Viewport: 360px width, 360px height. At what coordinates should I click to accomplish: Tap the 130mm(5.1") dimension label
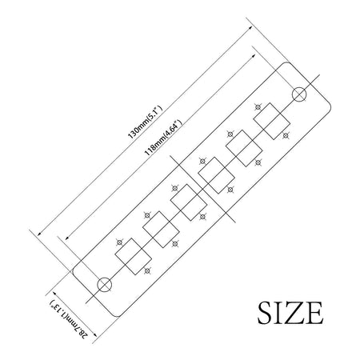(x=145, y=122)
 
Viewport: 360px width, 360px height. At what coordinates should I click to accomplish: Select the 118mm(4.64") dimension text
(x=163, y=138)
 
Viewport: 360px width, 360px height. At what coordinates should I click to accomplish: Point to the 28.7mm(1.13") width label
(x=69, y=319)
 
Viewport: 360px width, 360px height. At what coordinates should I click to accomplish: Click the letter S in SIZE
(x=266, y=313)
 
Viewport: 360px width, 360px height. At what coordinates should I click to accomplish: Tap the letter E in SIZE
(x=314, y=313)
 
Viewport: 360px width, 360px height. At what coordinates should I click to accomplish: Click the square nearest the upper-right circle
(x=271, y=122)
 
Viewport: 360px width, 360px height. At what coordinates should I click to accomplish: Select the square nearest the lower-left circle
(x=134, y=257)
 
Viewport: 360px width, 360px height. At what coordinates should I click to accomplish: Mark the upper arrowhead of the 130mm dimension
(x=250, y=28)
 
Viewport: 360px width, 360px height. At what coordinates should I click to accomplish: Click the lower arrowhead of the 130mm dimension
(x=39, y=234)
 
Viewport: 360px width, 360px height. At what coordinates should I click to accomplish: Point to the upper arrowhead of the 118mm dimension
(x=254, y=55)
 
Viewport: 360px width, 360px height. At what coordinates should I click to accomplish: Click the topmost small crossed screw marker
(x=258, y=107)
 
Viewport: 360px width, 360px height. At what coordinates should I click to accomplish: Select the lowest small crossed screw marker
(x=146, y=271)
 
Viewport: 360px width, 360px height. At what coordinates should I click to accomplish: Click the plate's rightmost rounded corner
(x=329, y=108)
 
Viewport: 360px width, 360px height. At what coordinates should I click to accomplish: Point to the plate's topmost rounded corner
(x=286, y=64)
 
